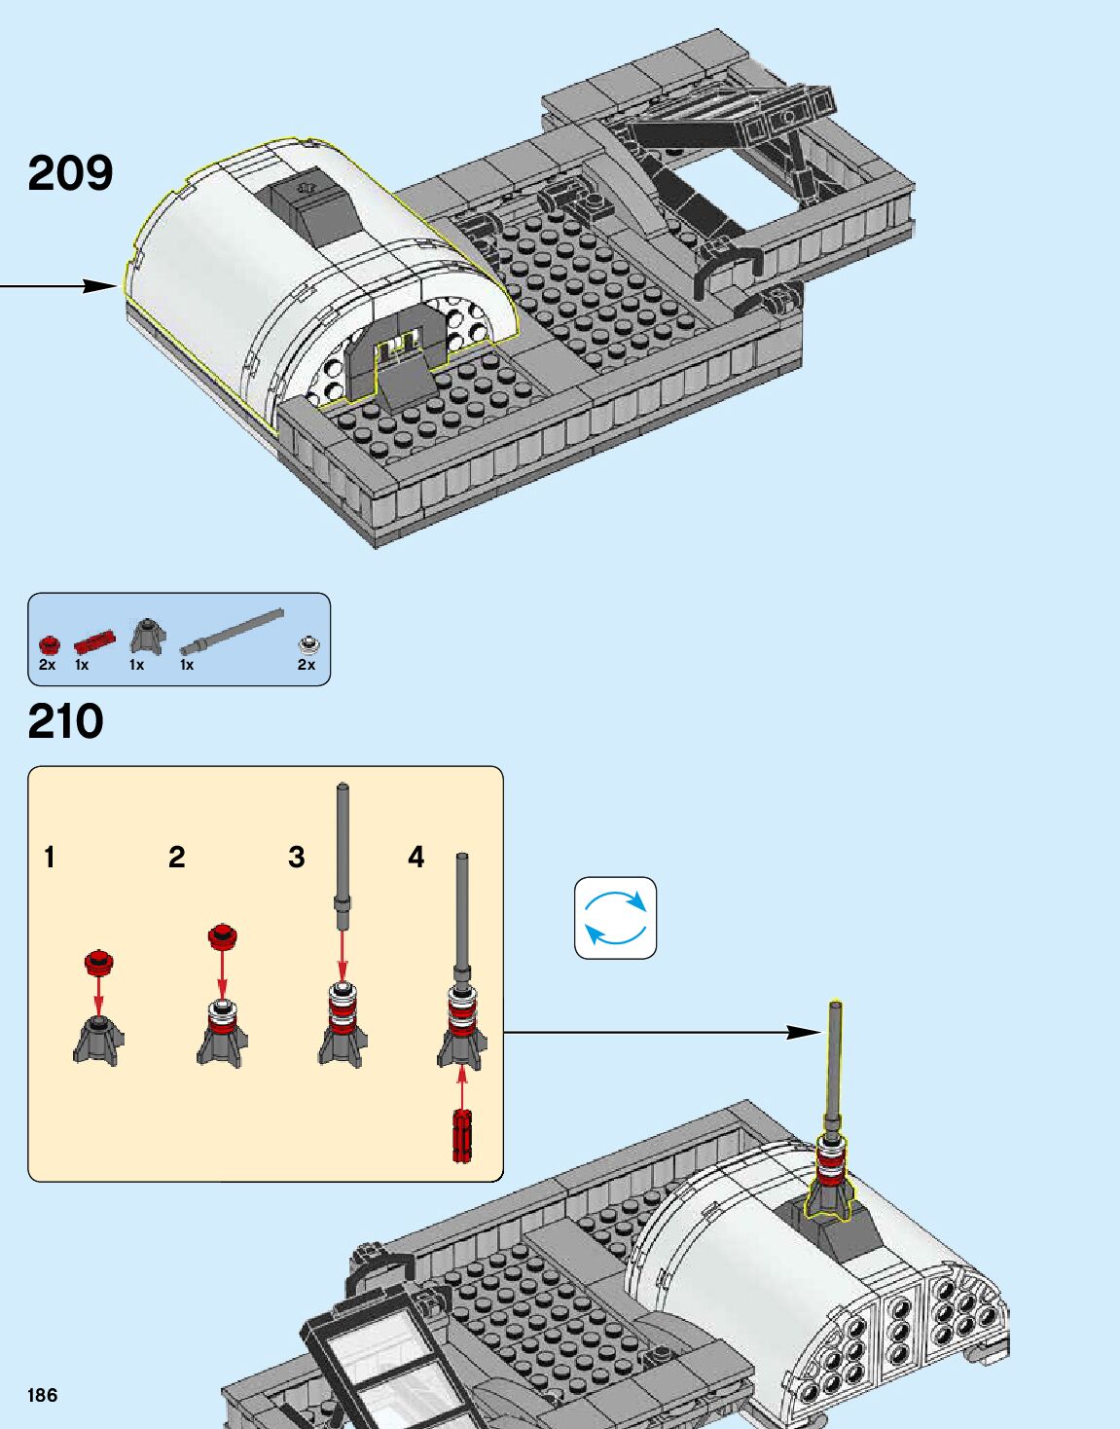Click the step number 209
[x=70, y=173]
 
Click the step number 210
[x=65, y=722]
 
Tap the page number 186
[x=43, y=1395]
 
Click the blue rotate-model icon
[x=615, y=918]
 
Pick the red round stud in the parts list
[x=49, y=643]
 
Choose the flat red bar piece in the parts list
[x=94, y=641]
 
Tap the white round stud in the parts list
[x=308, y=643]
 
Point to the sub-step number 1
[x=50, y=858]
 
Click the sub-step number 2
[x=176, y=858]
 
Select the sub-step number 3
[x=297, y=858]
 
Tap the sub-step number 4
[x=416, y=858]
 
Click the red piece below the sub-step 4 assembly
[x=461, y=1135]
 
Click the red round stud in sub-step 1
[x=97, y=963]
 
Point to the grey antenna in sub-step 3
[x=343, y=857]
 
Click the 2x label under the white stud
[x=307, y=665]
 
